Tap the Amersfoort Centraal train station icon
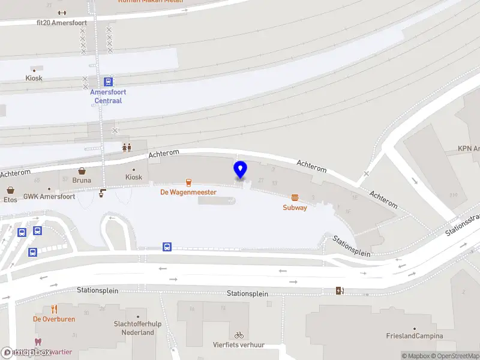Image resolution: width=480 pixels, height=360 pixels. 108,82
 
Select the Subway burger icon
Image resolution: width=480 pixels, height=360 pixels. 295,197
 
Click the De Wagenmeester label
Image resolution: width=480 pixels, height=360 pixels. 188,192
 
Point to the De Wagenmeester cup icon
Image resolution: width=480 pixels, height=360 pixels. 188,182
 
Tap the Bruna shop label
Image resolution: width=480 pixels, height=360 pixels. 82,179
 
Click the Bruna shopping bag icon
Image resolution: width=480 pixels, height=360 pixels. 82,170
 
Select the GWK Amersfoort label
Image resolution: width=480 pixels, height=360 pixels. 49,196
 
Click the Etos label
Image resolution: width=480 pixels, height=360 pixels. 10,199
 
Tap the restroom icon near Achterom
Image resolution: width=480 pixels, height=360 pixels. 127,147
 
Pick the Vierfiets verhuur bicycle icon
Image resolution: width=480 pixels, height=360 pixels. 239,335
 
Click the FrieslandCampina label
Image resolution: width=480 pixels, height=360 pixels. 414,336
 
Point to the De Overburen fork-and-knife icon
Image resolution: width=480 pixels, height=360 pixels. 54,309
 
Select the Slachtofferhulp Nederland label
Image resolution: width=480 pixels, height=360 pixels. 138,328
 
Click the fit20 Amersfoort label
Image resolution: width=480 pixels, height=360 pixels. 62,23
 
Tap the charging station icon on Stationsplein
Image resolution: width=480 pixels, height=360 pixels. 340,291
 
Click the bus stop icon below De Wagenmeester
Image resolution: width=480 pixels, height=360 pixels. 167,247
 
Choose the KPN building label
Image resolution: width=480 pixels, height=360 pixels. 468,149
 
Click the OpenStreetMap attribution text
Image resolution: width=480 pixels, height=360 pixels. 454,356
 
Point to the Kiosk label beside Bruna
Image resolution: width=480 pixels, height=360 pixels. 134,177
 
